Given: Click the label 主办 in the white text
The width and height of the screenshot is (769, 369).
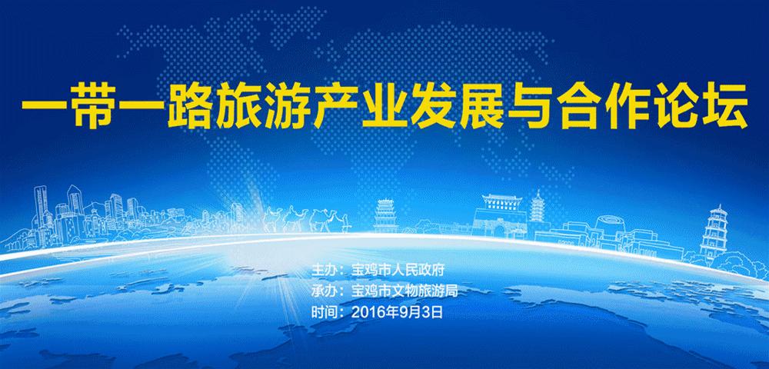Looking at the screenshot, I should point(322,271).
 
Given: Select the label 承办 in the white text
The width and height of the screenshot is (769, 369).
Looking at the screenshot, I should point(322,291).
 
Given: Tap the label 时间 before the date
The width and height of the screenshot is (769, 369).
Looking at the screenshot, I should point(322,312).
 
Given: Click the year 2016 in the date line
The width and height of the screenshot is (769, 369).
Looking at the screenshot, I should point(365,312).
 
